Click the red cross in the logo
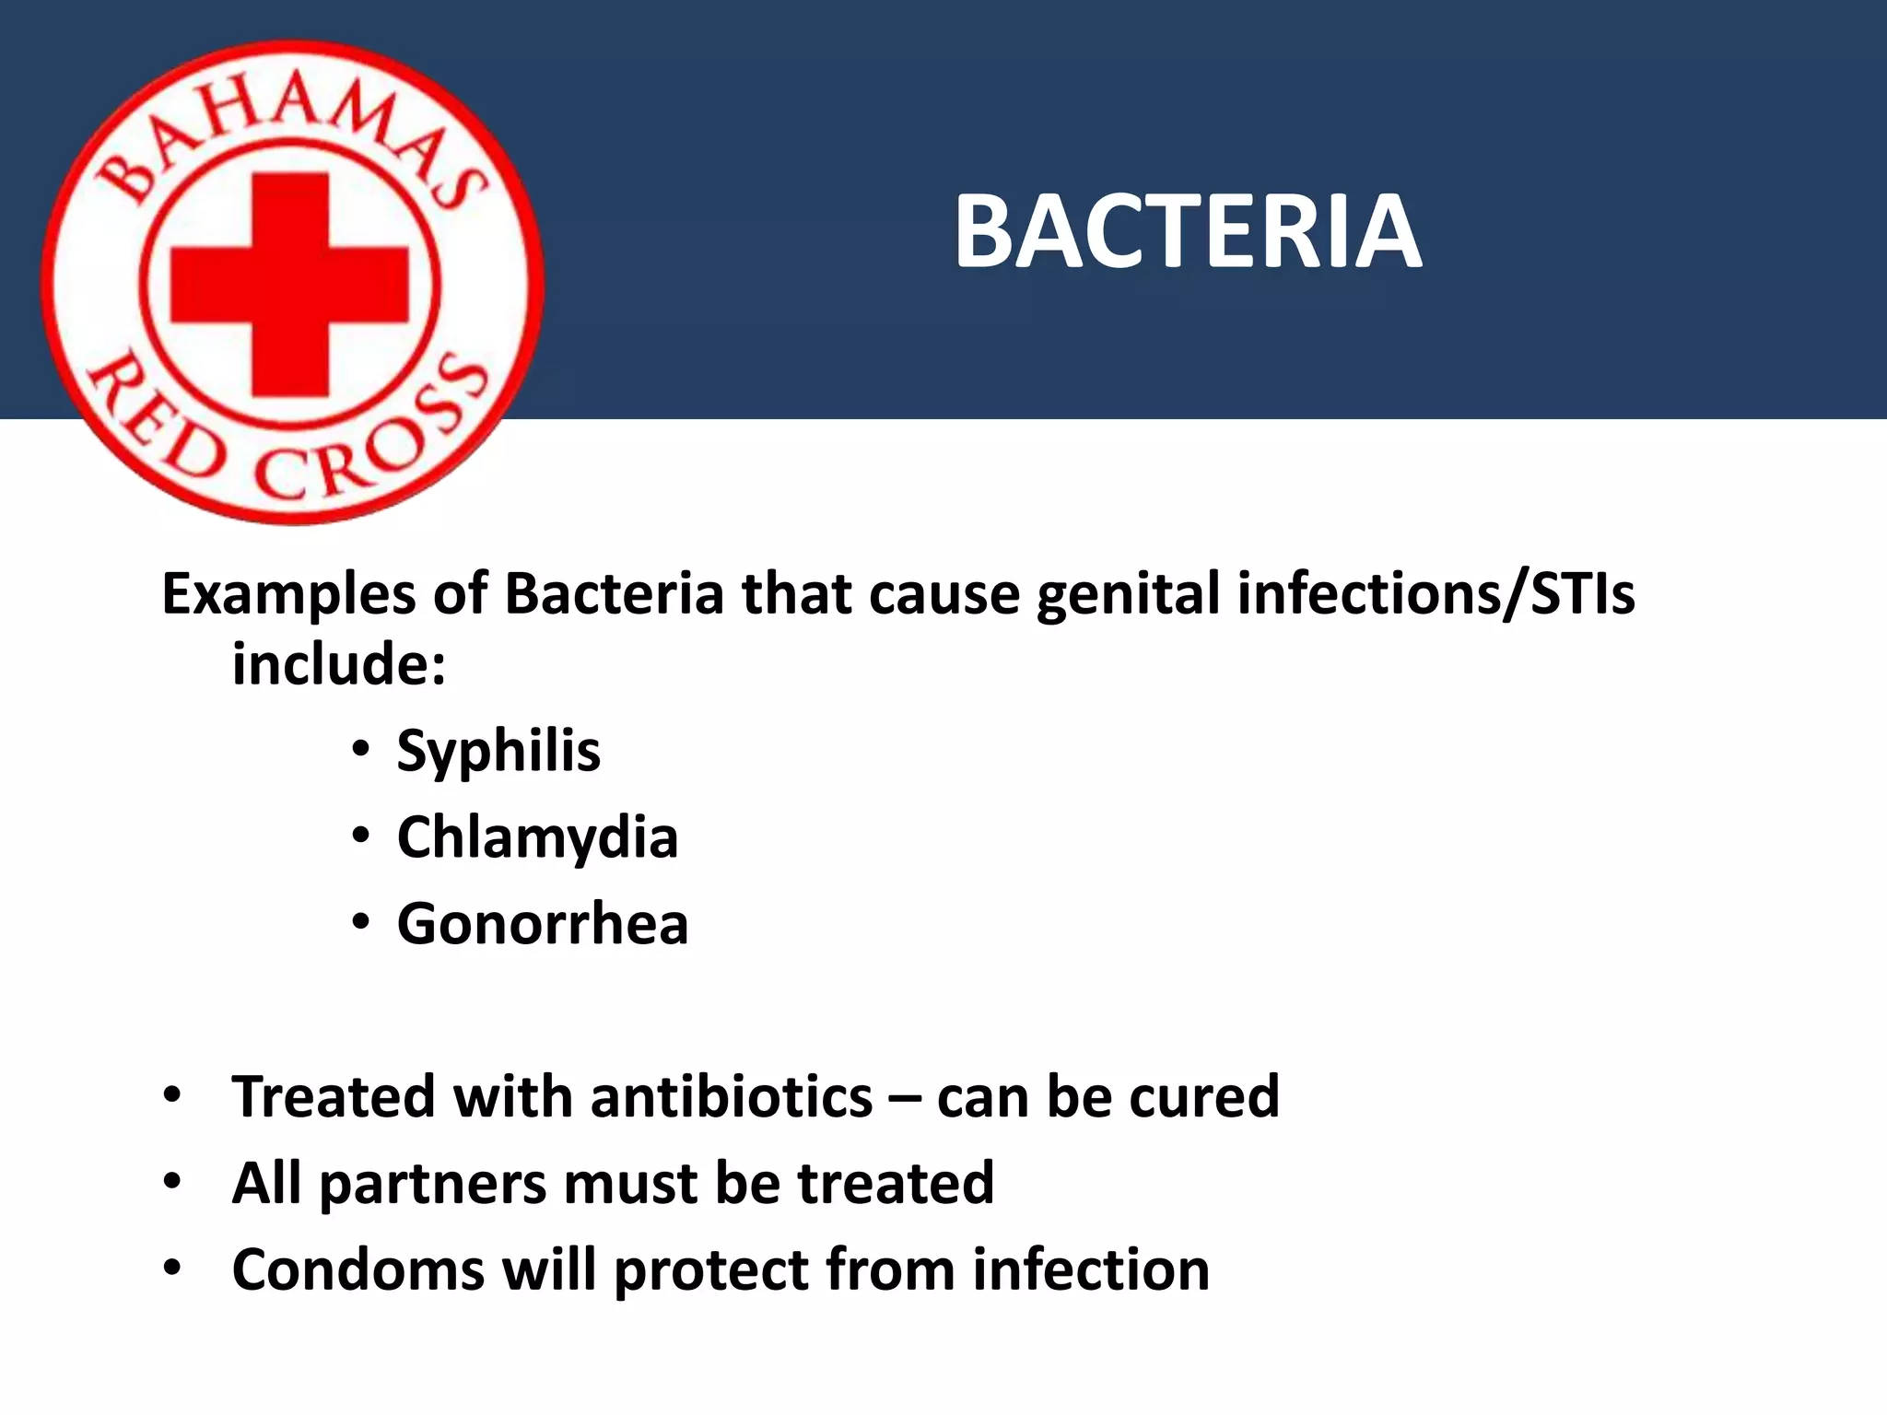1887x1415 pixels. point(289,284)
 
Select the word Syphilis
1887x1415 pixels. point(498,752)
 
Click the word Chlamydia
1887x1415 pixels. point(537,838)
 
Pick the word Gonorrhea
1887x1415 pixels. point(543,924)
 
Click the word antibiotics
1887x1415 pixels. point(731,1097)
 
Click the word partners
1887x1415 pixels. point(434,1185)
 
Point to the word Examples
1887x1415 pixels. point(288,594)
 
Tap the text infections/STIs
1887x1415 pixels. point(1436,594)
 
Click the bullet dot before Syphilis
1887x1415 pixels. point(360,748)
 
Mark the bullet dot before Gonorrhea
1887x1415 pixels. point(360,921)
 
